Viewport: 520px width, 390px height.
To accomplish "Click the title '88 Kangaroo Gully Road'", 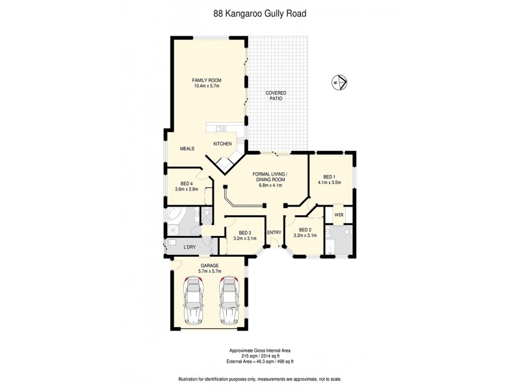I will coord(259,12).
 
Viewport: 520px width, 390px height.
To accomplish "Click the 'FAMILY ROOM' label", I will coord(207,80).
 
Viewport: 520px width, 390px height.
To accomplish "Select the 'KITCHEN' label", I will coord(223,144).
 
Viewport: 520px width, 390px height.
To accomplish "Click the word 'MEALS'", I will coord(188,148).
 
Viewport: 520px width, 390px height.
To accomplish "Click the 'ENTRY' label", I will coord(274,233).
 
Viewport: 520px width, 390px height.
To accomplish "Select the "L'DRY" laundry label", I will coord(190,247).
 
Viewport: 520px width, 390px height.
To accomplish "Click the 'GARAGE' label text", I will coord(209,265).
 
